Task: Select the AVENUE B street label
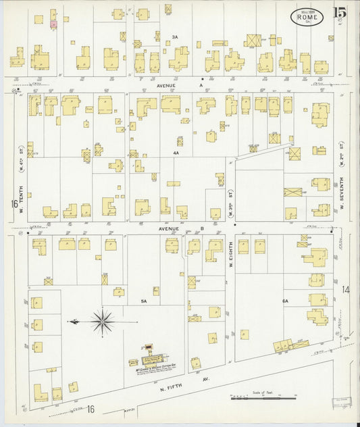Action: point(179,229)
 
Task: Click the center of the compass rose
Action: point(102,322)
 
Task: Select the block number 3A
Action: point(174,36)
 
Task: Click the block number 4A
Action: point(176,153)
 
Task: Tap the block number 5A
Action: point(144,301)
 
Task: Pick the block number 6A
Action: point(285,301)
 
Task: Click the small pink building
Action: point(53,24)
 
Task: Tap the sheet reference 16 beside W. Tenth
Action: point(13,204)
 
